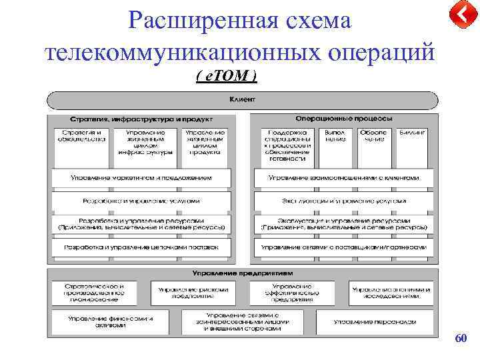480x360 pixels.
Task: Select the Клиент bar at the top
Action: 241,99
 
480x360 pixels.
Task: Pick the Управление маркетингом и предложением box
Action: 141,178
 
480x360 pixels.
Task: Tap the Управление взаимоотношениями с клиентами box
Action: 343,178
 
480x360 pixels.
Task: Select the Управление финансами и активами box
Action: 108,321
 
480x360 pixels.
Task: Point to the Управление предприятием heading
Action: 241,273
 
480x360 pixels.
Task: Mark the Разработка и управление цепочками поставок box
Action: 141,247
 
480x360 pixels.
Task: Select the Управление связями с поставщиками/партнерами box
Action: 343,247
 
